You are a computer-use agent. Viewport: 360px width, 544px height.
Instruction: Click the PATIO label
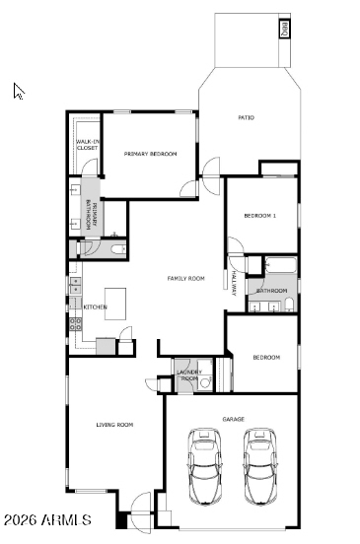[246, 118]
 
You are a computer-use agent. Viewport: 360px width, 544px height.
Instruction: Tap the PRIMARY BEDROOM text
[149, 154]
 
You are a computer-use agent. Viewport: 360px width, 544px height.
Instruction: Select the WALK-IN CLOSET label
[87, 146]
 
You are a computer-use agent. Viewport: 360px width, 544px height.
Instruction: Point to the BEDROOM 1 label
[260, 216]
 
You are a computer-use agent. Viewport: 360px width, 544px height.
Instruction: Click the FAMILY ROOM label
[185, 279]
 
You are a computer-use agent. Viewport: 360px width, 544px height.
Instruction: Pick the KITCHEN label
[95, 307]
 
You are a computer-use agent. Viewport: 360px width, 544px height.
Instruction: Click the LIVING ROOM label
[114, 425]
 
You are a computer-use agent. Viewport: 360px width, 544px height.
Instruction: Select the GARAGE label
[233, 419]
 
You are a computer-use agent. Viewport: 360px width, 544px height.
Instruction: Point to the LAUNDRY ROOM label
[188, 375]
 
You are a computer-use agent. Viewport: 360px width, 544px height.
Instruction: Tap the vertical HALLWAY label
[234, 282]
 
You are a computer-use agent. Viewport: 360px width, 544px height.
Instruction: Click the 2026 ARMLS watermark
[46, 519]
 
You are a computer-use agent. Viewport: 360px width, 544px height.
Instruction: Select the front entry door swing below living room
[139, 506]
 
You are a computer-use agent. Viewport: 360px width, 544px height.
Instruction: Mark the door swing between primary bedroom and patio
[213, 169]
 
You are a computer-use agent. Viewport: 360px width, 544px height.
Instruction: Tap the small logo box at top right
[284, 28]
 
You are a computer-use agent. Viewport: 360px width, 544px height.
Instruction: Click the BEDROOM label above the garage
[265, 357]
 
